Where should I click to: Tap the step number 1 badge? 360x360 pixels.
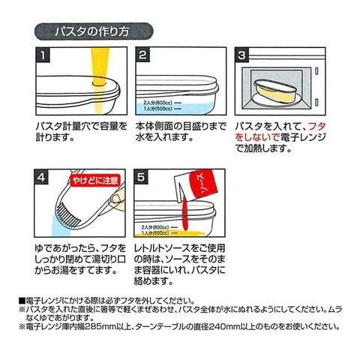tap(43, 55)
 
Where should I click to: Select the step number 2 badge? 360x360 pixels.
tap(142, 55)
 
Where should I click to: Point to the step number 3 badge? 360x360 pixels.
tap(241, 55)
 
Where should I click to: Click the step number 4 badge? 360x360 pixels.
tap(41, 177)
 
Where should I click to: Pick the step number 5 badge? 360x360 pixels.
tap(141, 177)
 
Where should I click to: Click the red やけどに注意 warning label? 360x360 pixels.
tap(95, 180)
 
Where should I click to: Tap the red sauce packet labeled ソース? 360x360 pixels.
tap(204, 184)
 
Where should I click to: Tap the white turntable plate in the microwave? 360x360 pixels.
tap(275, 99)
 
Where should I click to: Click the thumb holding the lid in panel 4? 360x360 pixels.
tap(117, 198)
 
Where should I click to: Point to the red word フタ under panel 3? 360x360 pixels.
tap(317, 127)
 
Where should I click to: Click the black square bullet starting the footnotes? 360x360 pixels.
tap(22, 301)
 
